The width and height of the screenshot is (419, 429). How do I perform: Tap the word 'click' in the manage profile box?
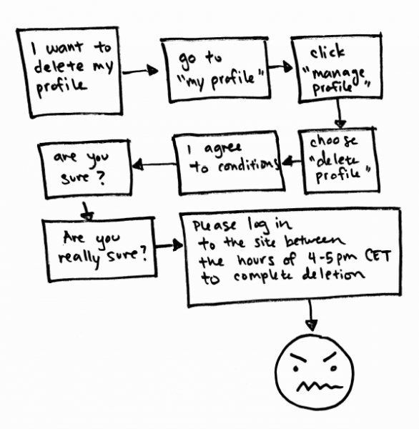coord(327,51)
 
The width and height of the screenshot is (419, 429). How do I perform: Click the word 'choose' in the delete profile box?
coord(333,141)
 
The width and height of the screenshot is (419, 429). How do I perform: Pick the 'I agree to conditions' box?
coord(177,164)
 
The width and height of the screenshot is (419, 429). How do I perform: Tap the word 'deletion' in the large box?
coord(334,275)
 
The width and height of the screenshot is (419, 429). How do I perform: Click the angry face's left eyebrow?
coord(298,357)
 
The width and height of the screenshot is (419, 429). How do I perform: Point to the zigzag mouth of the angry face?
coord(320,387)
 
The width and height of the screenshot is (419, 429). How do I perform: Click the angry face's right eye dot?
coord(333,368)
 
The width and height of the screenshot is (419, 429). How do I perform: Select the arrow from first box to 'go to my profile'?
coord(140,71)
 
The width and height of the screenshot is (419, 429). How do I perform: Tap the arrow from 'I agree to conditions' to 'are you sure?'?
coord(154,164)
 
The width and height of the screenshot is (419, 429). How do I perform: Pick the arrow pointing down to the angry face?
coord(311,315)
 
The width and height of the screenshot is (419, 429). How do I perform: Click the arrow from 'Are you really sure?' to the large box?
coord(169,245)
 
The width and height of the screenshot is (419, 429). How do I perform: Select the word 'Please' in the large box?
coord(214,226)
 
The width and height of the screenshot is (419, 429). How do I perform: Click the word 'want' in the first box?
coord(64,48)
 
